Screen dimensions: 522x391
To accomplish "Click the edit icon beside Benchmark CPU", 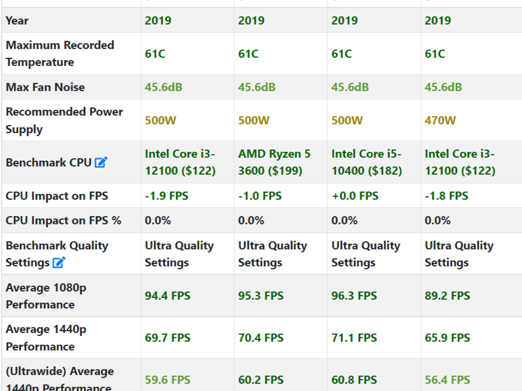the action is click(101, 162).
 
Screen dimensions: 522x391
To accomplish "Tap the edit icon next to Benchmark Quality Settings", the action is click(59, 262).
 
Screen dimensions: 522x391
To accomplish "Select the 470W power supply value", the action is click(440, 120).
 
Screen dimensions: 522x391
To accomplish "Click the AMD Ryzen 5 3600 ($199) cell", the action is click(274, 162).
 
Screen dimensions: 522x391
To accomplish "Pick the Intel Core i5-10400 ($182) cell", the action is click(367, 162).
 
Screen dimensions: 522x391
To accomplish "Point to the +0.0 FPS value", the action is click(355, 196).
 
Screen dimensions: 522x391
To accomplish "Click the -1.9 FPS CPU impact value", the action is click(166, 196).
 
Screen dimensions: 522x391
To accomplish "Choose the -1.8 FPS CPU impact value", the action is click(446, 196).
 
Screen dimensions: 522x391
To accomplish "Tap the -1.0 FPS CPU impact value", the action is click(260, 196).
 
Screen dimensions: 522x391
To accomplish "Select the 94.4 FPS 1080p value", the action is click(167, 296).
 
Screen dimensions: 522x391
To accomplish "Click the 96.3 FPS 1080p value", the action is click(354, 296).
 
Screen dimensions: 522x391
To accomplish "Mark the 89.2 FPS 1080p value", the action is click(447, 296).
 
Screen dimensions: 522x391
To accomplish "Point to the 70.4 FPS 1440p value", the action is click(261, 338).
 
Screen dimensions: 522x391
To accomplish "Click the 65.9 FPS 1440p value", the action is click(447, 338).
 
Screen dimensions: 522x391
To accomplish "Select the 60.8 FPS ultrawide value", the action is click(354, 380).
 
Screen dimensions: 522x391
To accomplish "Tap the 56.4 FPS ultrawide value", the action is click(447, 380).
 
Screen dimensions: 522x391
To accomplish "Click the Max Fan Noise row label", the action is click(45, 87).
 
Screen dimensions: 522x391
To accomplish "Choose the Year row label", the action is click(17, 20).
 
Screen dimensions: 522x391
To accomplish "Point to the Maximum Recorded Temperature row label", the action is click(60, 53).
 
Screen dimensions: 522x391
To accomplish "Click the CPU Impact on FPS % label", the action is click(63, 220).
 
